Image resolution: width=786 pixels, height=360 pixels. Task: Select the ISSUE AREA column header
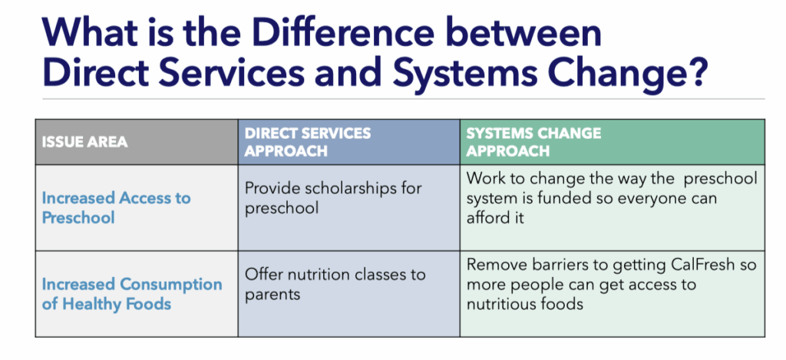coord(84,143)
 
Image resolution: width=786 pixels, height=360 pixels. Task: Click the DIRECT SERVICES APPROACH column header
coord(307,142)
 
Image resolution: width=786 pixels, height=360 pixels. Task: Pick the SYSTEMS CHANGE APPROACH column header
coord(533,142)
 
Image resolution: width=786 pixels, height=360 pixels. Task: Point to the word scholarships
coord(361,189)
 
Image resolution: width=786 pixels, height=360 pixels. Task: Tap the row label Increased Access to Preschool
coord(117,207)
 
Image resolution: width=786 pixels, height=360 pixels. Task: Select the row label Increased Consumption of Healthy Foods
coord(132,294)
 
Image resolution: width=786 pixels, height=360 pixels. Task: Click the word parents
coord(272,295)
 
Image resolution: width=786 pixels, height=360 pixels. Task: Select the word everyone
coord(642,199)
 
